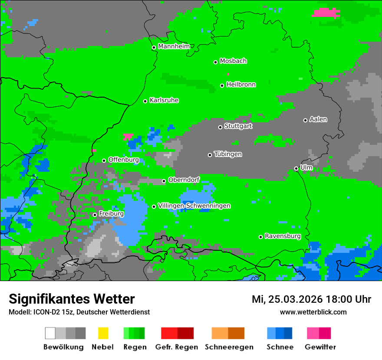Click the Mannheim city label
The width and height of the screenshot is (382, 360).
175,46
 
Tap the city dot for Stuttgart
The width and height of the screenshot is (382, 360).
221,127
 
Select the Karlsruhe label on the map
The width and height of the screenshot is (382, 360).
164,100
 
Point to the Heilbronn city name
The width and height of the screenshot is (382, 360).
241,85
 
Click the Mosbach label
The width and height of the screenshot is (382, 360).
233,61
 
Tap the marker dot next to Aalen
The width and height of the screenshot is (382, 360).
305,120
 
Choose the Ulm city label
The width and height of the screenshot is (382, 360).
306,167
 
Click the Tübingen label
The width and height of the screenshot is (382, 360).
228,154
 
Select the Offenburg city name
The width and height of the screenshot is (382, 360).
124,160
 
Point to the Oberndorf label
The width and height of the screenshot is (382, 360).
184,180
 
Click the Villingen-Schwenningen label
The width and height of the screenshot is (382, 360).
194,206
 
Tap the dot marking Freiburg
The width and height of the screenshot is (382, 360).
95,215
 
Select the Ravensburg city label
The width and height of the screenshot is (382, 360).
283,236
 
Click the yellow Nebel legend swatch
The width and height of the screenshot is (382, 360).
103,333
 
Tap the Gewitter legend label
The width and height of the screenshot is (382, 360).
320,347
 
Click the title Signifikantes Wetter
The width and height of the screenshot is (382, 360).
72,299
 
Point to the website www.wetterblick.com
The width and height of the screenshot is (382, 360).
313,312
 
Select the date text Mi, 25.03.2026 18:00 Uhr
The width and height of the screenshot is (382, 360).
311,299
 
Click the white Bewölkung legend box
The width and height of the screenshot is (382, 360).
50,333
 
